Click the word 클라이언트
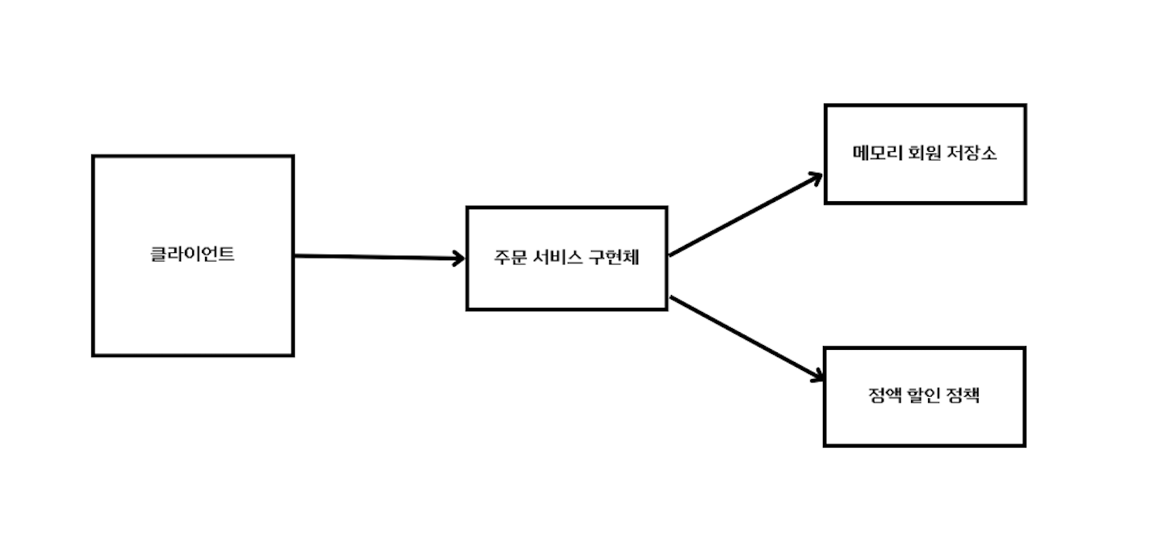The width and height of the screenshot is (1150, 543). point(192,255)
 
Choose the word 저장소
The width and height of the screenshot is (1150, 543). point(972,154)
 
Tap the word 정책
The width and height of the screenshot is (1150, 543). point(965,397)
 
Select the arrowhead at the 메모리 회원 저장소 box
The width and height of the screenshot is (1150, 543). point(816,177)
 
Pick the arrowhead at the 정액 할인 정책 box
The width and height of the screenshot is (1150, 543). point(816,377)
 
